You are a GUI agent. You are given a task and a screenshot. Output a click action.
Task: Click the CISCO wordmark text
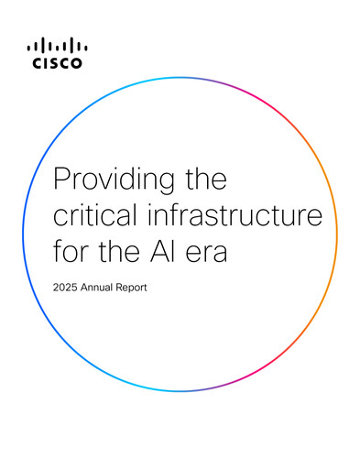[x=57, y=63]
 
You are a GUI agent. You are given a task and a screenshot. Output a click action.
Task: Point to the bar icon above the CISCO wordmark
[x=57, y=47]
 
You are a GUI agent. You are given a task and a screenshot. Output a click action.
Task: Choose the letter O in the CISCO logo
[x=76, y=63]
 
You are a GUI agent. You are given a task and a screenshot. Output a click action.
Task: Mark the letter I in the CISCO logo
[x=45, y=63]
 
